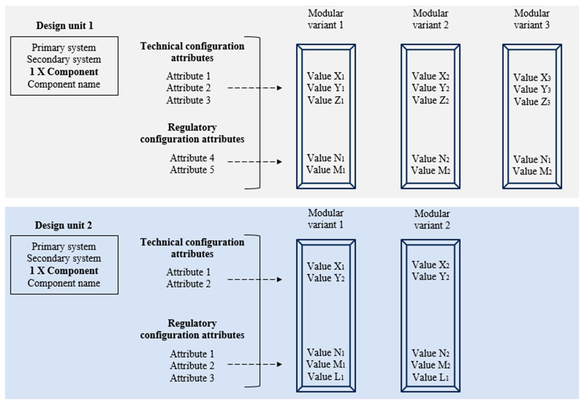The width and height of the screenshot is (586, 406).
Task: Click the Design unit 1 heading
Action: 64,26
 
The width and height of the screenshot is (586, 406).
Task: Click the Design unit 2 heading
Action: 63,225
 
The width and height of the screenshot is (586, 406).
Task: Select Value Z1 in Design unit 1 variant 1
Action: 326,100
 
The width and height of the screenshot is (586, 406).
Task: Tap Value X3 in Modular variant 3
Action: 532,77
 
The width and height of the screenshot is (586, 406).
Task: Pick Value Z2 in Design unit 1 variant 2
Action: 430,100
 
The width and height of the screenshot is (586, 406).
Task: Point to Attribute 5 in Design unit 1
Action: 192,170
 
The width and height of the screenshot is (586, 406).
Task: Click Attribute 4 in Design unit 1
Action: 192,158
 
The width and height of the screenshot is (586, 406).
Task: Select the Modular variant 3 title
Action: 532,19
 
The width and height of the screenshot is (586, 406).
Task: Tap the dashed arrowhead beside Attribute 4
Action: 280,162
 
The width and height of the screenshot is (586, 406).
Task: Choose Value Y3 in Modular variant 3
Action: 532,89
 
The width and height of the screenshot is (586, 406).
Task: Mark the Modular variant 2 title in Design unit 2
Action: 432,219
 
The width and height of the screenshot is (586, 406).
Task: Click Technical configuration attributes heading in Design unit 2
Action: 192,248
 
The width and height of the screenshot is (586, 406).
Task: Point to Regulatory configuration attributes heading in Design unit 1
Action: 192,133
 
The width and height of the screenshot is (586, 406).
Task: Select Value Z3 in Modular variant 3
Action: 532,102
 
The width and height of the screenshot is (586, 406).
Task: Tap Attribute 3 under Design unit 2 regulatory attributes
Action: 192,378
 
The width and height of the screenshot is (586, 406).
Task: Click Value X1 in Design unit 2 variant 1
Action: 326,266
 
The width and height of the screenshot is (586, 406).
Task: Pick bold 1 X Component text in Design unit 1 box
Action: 64,72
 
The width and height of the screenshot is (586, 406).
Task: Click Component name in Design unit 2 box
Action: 64,283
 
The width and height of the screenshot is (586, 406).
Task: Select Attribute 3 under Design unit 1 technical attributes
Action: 189,100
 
